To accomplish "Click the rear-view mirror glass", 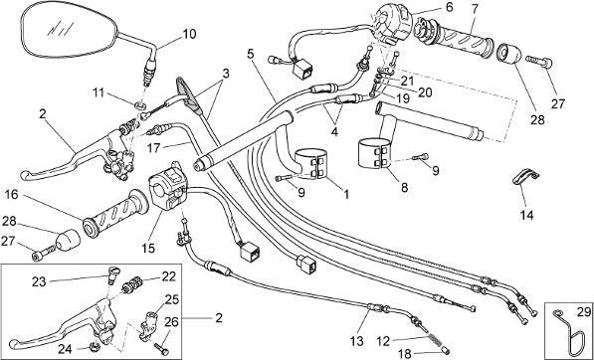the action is [x=70, y=30].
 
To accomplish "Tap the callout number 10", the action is [x=189, y=34].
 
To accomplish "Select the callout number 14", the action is [x=526, y=215].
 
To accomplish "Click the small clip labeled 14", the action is [x=525, y=177].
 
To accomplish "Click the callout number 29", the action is [x=584, y=312].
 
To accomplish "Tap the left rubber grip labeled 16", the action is [x=115, y=214].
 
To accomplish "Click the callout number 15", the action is [x=149, y=248].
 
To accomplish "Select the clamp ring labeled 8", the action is [x=375, y=153].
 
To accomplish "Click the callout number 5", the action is [x=251, y=53].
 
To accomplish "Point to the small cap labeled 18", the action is [x=445, y=349].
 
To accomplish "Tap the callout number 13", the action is [x=357, y=341].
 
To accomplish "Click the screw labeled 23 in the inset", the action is [x=112, y=274].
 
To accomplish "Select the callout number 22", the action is [x=169, y=276].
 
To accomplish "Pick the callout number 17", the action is [x=154, y=147].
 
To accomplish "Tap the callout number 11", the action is [x=99, y=92].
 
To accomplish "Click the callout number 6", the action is [x=449, y=7].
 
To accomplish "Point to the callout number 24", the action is [x=66, y=350].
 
